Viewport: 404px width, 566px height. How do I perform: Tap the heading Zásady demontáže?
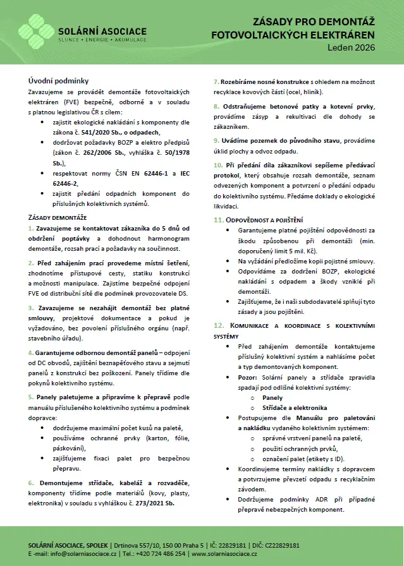[58, 217]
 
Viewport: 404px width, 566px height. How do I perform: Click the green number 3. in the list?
[31, 308]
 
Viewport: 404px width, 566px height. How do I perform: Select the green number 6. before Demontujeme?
[31, 483]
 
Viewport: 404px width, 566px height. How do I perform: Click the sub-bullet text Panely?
[272, 397]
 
